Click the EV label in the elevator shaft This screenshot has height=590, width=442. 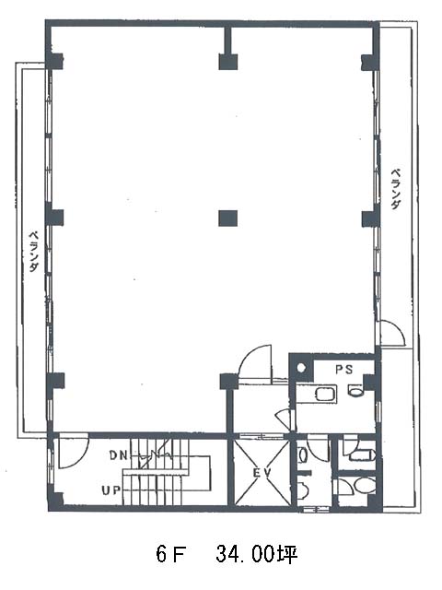tap(262, 473)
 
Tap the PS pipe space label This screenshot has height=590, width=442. tap(344, 370)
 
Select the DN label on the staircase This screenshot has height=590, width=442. tap(119, 455)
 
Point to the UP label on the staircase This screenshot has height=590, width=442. tap(111, 490)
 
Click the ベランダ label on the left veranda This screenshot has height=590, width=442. tap(34, 252)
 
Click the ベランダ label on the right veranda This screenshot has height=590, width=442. tap(395, 188)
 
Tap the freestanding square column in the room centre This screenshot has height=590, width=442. tap(228, 218)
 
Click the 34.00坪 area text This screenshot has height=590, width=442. tap(257, 554)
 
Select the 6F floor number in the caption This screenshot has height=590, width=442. tap(171, 554)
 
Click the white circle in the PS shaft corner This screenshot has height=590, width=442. tap(301, 368)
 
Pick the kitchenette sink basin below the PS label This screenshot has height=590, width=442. tap(324, 394)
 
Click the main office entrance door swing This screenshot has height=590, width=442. tap(255, 360)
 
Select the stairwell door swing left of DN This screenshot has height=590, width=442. tap(74, 451)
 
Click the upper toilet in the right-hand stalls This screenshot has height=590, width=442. tap(362, 455)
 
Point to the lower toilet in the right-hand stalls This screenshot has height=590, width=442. tap(364, 486)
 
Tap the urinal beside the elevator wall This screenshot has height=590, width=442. tap(303, 455)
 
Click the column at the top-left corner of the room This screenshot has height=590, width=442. tap(54, 62)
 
